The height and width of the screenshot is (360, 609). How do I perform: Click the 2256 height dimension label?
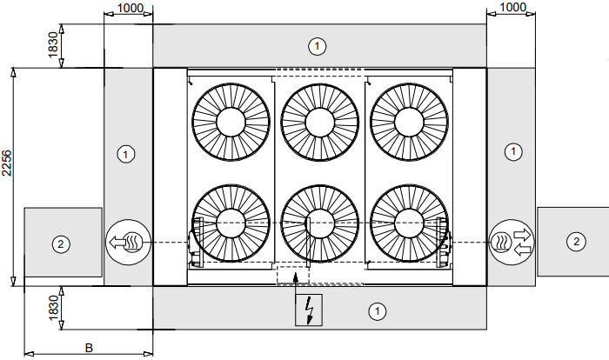(7, 163)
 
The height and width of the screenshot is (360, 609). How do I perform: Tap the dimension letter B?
(88, 347)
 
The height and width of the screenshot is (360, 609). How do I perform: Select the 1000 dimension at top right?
(512, 7)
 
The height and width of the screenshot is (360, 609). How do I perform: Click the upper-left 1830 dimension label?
(53, 45)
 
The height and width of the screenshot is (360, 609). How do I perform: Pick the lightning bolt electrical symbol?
(309, 310)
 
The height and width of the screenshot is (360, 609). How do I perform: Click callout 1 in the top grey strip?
(318, 44)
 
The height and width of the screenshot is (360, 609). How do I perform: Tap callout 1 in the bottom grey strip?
(378, 310)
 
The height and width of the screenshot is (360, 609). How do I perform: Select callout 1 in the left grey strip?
(127, 154)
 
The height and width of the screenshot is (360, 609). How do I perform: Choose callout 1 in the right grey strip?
(514, 152)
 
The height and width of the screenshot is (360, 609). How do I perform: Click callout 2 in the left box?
(60, 243)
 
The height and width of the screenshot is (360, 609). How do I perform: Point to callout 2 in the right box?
(575, 241)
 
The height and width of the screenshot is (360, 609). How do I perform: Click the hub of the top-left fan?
(231, 121)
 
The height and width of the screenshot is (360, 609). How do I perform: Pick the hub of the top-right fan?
(409, 121)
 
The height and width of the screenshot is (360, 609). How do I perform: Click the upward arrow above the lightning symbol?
(298, 277)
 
